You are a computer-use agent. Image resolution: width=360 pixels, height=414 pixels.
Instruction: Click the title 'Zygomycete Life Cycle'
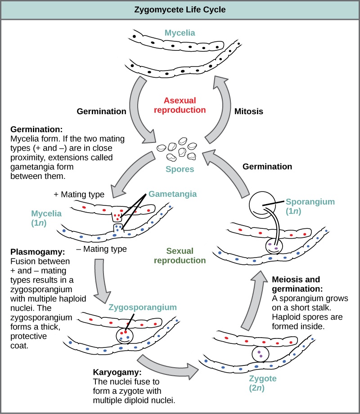pyautogui.click(x=180, y=9)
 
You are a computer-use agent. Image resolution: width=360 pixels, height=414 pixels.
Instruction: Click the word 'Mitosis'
pyautogui.click(x=249, y=111)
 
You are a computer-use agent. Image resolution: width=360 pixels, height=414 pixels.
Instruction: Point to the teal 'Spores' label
pyautogui.click(x=180, y=169)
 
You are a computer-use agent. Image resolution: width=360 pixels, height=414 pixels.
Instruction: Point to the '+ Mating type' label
pyautogui.click(x=79, y=194)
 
